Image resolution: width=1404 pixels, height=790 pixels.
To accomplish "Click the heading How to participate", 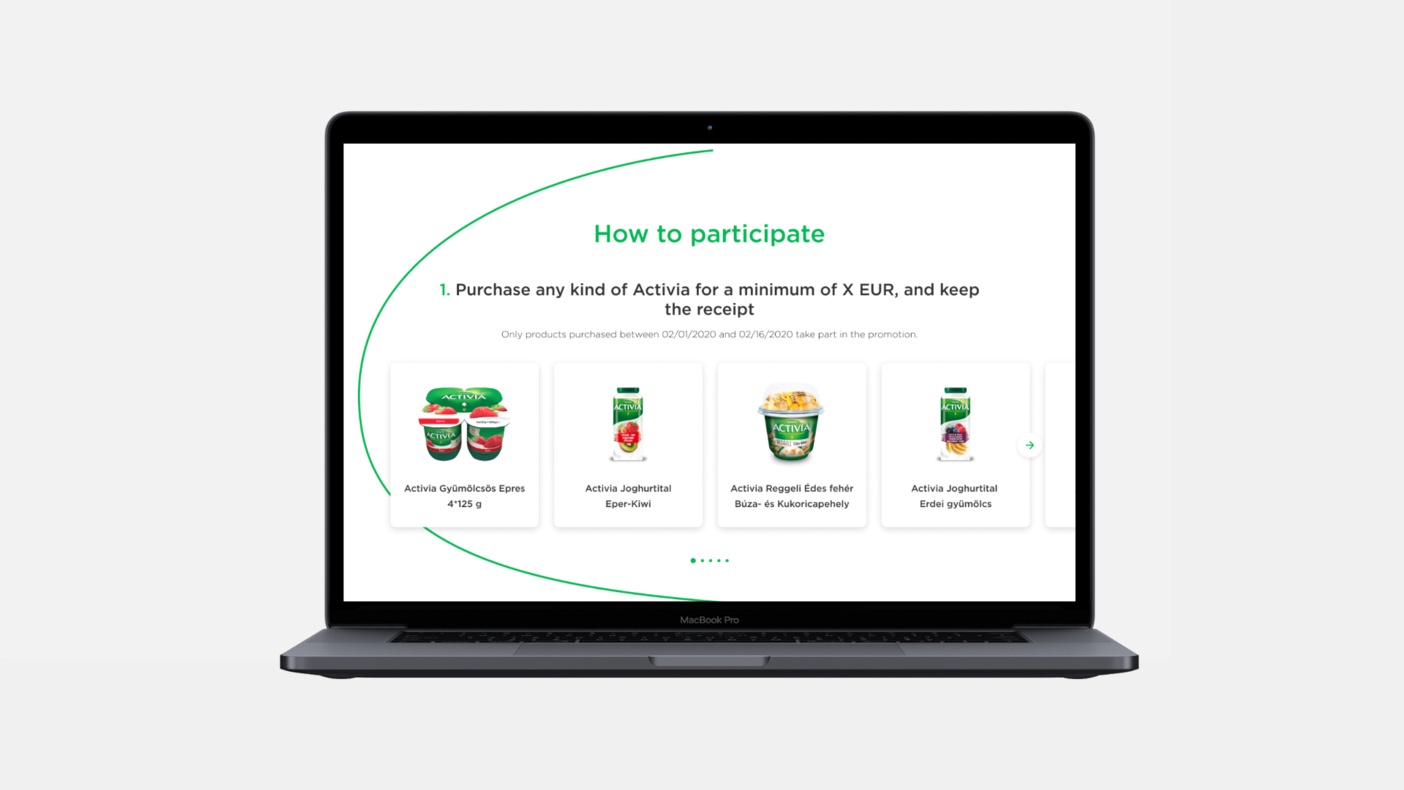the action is (x=709, y=234).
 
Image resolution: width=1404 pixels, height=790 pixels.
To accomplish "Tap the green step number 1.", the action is (x=444, y=290).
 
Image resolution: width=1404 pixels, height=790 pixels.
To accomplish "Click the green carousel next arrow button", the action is (x=1030, y=445).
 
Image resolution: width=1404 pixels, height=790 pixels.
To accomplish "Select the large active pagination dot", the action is (x=693, y=560).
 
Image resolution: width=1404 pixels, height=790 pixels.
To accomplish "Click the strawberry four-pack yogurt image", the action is (x=464, y=424).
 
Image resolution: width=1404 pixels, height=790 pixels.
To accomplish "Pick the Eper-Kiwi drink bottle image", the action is (x=628, y=424).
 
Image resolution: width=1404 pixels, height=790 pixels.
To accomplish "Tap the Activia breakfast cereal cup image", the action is (x=792, y=423).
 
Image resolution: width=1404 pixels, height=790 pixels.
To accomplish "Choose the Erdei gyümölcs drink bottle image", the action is (x=956, y=424).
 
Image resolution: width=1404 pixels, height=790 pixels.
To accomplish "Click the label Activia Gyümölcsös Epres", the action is (x=464, y=488).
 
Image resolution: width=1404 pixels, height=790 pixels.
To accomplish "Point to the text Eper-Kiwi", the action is (x=628, y=503).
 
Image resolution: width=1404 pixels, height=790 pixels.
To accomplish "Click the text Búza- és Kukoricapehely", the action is (x=792, y=503).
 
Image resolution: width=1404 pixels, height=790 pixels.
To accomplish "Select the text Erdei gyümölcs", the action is (x=956, y=504).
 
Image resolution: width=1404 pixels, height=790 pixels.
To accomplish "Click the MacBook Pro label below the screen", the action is (x=709, y=620).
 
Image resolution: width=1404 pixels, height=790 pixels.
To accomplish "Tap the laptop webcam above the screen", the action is (x=709, y=127).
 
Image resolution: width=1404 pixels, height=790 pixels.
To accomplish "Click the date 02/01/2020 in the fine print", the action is (x=689, y=334).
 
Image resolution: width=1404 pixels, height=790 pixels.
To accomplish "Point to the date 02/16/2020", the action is (x=766, y=334).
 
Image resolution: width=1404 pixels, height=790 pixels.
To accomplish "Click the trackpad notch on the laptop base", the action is (x=709, y=661).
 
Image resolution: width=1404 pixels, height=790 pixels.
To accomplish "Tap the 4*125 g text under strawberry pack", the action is (x=464, y=504).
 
